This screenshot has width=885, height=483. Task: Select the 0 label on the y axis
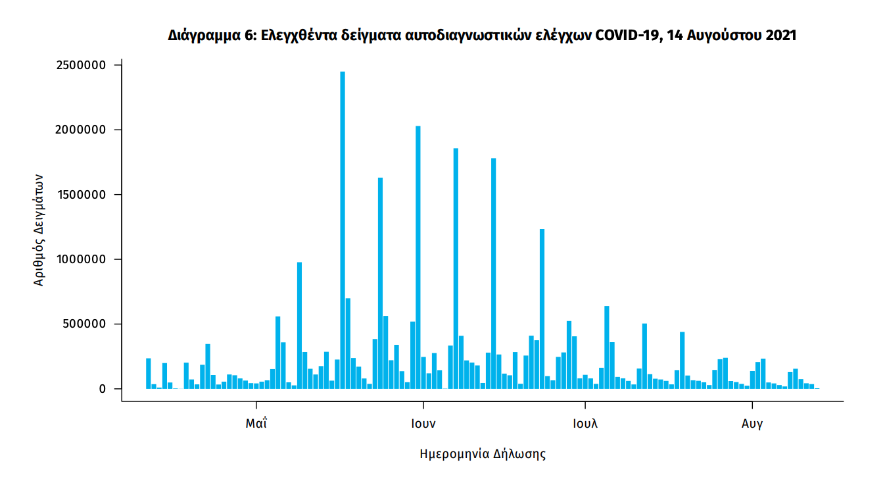(103, 389)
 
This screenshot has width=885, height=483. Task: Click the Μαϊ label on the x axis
(256, 424)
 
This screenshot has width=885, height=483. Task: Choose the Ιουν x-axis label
(423, 424)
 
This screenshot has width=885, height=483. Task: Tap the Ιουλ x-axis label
(585, 424)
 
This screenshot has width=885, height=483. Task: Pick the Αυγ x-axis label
(752, 424)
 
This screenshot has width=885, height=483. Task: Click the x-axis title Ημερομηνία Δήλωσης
(483, 454)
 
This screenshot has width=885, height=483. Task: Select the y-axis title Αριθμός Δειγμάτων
(39, 230)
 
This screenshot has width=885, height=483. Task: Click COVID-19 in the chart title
(628, 36)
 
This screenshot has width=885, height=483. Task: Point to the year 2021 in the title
(780, 36)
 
